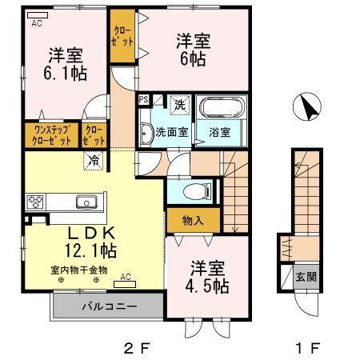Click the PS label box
click(143, 100)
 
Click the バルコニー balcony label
click(108, 306)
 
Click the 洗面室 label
click(171, 132)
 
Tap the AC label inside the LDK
click(126, 278)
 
